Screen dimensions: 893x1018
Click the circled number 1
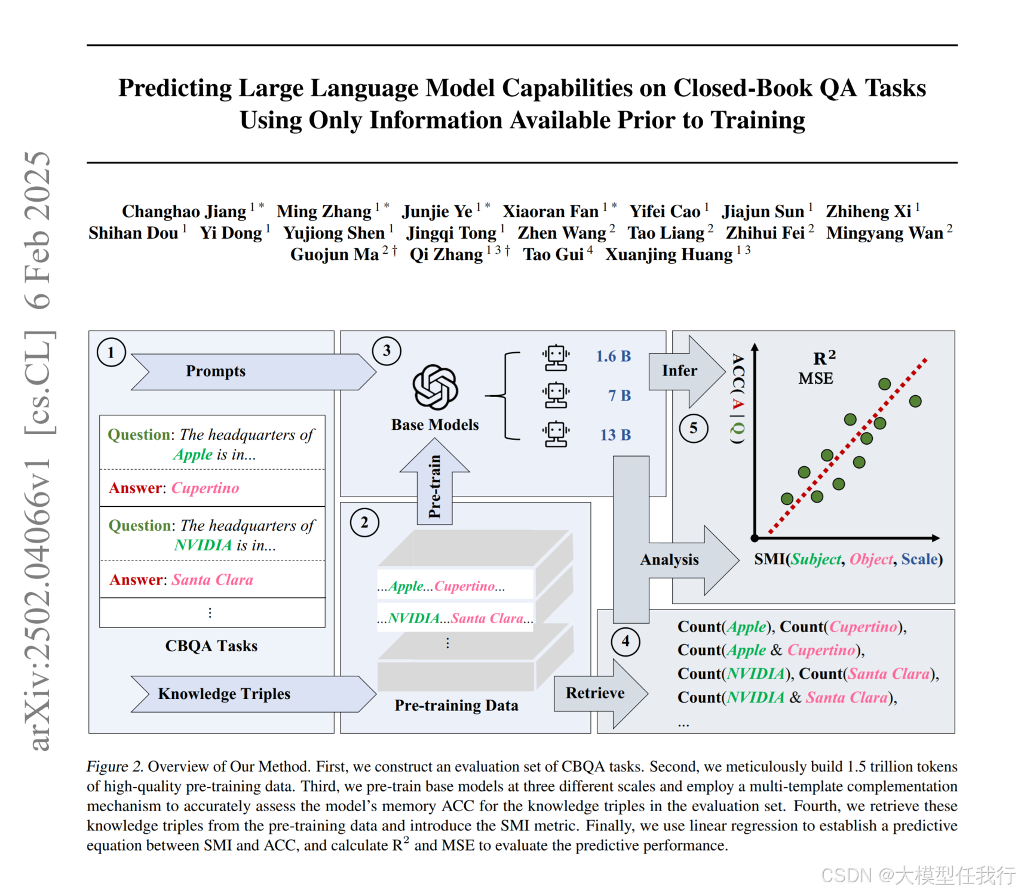[x=111, y=352]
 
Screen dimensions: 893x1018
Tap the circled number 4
[x=625, y=642]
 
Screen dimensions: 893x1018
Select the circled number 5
[x=694, y=428]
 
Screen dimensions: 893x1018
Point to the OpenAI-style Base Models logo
[x=436, y=387]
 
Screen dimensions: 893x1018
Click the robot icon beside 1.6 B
[x=556, y=357]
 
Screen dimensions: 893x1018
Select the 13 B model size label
[x=615, y=435]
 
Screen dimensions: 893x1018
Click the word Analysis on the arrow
[x=669, y=559]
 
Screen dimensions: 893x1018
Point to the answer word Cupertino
[x=206, y=488]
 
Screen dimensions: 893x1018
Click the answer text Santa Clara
[x=213, y=580]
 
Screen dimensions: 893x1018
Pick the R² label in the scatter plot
[x=824, y=358]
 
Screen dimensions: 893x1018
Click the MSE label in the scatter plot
[x=815, y=378]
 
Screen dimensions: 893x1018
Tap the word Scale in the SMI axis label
[x=919, y=559]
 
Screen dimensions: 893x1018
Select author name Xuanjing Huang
[x=669, y=255]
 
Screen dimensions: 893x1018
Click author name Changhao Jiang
[x=184, y=212]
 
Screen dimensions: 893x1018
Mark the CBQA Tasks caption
[x=211, y=646]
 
